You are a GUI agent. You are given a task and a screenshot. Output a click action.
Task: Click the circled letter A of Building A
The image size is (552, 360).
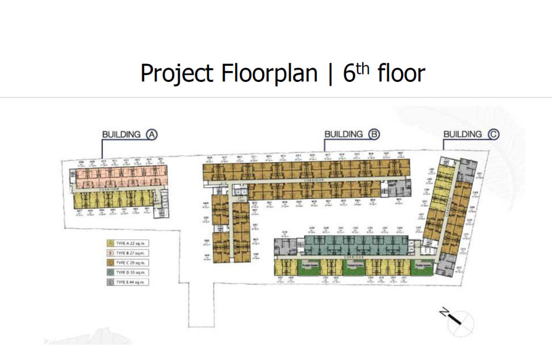click(x=151, y=134)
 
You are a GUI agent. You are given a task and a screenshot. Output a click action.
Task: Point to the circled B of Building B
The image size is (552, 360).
click(x=373, y=134)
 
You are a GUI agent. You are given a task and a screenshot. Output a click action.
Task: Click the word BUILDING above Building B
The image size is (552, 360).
click(x=343, y=134)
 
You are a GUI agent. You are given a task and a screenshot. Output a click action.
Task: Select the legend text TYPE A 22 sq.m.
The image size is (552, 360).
click(x=133, y=244)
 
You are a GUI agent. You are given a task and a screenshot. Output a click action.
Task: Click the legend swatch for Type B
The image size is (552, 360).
click(x=111, y=253)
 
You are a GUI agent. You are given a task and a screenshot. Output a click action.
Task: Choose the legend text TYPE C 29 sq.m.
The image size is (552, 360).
click(x=133, y=262)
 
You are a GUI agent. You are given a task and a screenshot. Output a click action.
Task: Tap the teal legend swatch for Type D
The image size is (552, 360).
click(x=111, y=272)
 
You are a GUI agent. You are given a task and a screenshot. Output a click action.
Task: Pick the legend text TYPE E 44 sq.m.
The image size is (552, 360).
click(x=133, y=282)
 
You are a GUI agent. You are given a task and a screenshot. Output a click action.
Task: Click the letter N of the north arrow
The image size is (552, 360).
click(x=443, y=313)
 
